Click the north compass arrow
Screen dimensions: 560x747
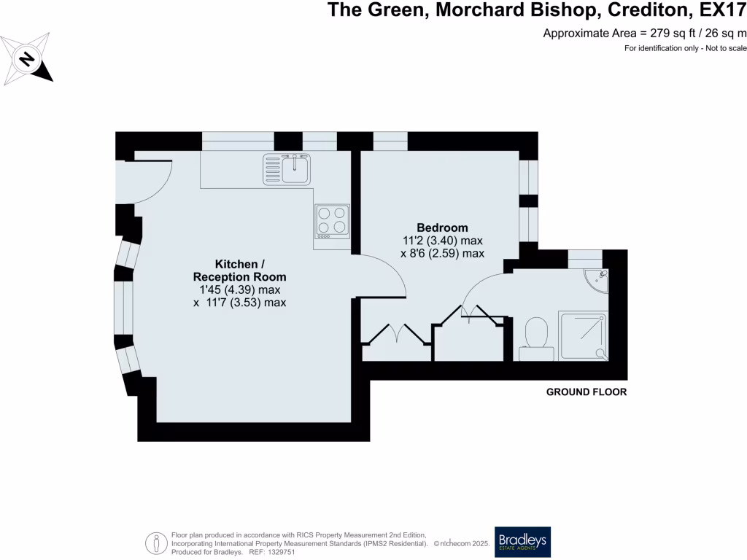coord(27,58)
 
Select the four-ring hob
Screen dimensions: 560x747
coord(332,220)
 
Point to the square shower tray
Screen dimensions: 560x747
coord(582,335)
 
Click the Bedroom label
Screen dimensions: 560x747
coord(442,227)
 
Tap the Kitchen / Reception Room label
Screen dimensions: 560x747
coord(239,270)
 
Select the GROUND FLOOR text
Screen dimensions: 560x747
coord(587,392)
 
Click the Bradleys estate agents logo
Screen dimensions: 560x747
coord(522,542)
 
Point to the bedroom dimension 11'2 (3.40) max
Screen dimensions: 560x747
coord(443,240)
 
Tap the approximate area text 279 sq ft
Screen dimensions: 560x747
coord(671,32)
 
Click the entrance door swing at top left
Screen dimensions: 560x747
coord(150,182)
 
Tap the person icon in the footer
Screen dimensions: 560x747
coord(156,543)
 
